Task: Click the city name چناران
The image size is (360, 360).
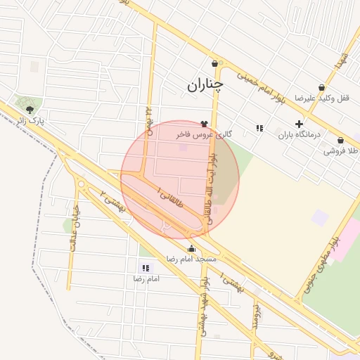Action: (x=205, y=85)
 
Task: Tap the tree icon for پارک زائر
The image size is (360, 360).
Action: (x=29, y=109)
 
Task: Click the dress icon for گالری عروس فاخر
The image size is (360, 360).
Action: (x=204, y=124)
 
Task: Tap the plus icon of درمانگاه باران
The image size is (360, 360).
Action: (x=299, y=124)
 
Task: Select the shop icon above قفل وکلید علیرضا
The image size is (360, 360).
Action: (x=321, y=88)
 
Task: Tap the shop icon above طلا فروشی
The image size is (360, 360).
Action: (x=340, y=141)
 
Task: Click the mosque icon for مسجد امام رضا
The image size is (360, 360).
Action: (x=192, y=248)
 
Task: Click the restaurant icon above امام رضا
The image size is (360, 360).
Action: (x=146, y=268)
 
